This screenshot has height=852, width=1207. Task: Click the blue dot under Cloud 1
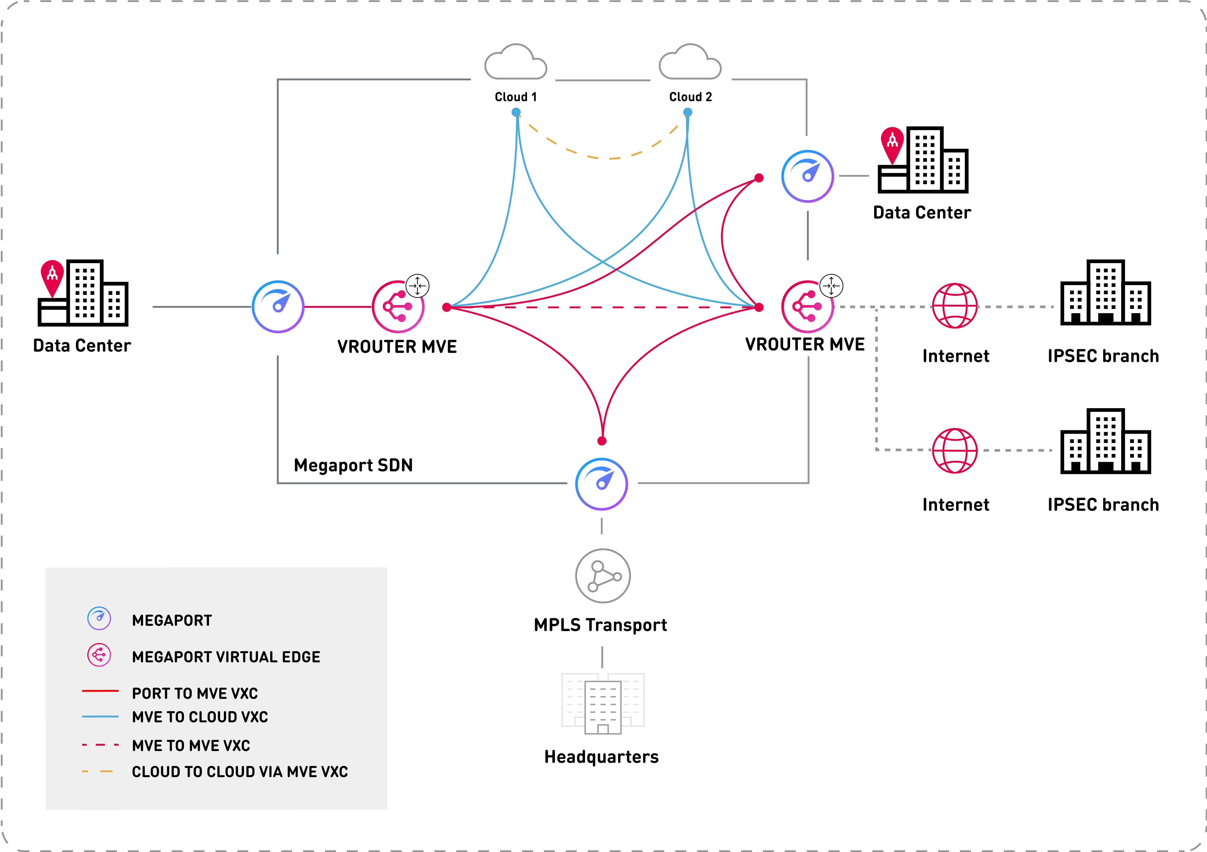(x=516, y=112)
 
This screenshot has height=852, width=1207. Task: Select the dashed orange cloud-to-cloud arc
(x=610, y=158)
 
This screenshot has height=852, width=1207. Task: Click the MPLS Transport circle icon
(x=602, y=576)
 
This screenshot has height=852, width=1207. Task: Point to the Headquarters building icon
(x=603, y=703)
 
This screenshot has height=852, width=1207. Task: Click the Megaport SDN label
(x=353, y=465)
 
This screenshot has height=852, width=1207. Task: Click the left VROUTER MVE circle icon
(x=398, y=307)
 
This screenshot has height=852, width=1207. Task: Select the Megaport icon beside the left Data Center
(x=278, y=307)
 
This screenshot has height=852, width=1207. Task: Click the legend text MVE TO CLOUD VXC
(x=200, y=717)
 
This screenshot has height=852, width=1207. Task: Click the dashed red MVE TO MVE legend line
(x=100, y=745)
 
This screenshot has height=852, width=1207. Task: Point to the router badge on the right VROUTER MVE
(x=831, y=286)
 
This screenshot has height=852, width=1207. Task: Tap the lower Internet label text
(x=956, y=505)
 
